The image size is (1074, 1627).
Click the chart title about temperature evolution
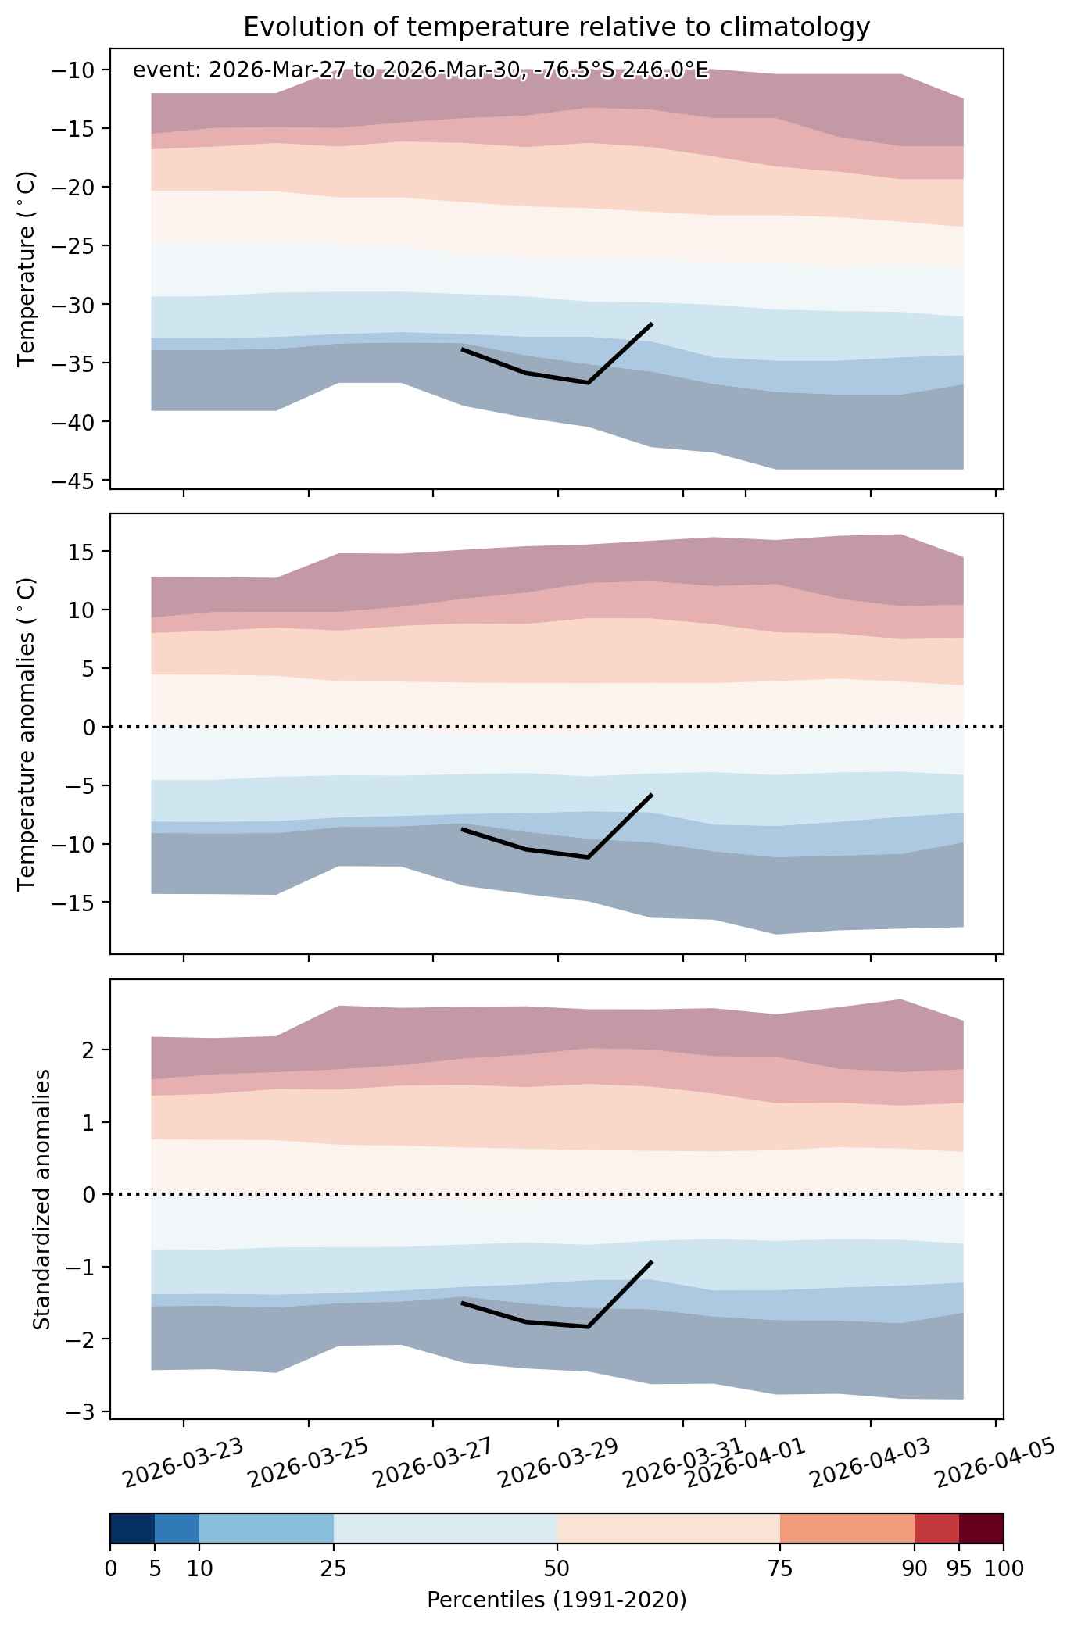pos(557,27)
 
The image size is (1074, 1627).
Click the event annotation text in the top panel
pos(421,70)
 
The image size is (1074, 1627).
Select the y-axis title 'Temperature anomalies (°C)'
pos(27,733)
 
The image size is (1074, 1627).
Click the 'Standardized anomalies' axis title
pos(42,1199)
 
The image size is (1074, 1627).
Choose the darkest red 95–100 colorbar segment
pos(981,1529)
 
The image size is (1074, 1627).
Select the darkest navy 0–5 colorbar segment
pos(132,1529)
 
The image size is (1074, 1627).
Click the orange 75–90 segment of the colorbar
pos(847,1529)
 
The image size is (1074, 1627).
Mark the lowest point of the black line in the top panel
pos(588,383)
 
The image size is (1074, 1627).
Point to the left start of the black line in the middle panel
pos(462,828)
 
